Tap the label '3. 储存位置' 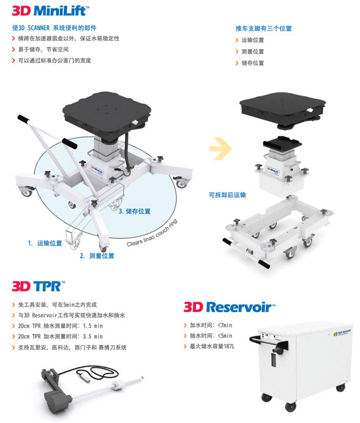134,211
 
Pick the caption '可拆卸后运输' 227,195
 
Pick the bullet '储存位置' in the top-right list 253,63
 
